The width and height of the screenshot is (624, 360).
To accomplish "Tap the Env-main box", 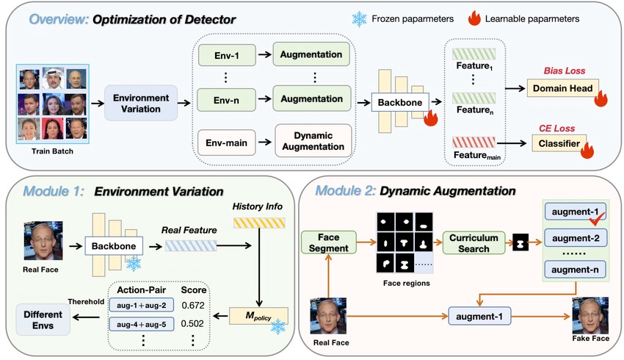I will pyautogui.click(x=225, y=140).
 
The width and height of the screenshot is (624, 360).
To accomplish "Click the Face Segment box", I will pyautogui.click(x=328, y=242).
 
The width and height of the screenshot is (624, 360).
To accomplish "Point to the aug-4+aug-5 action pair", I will pyautogui.click(x=140, y=325).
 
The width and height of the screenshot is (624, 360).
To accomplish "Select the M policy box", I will pyautogui.click(x=260, y=317).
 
